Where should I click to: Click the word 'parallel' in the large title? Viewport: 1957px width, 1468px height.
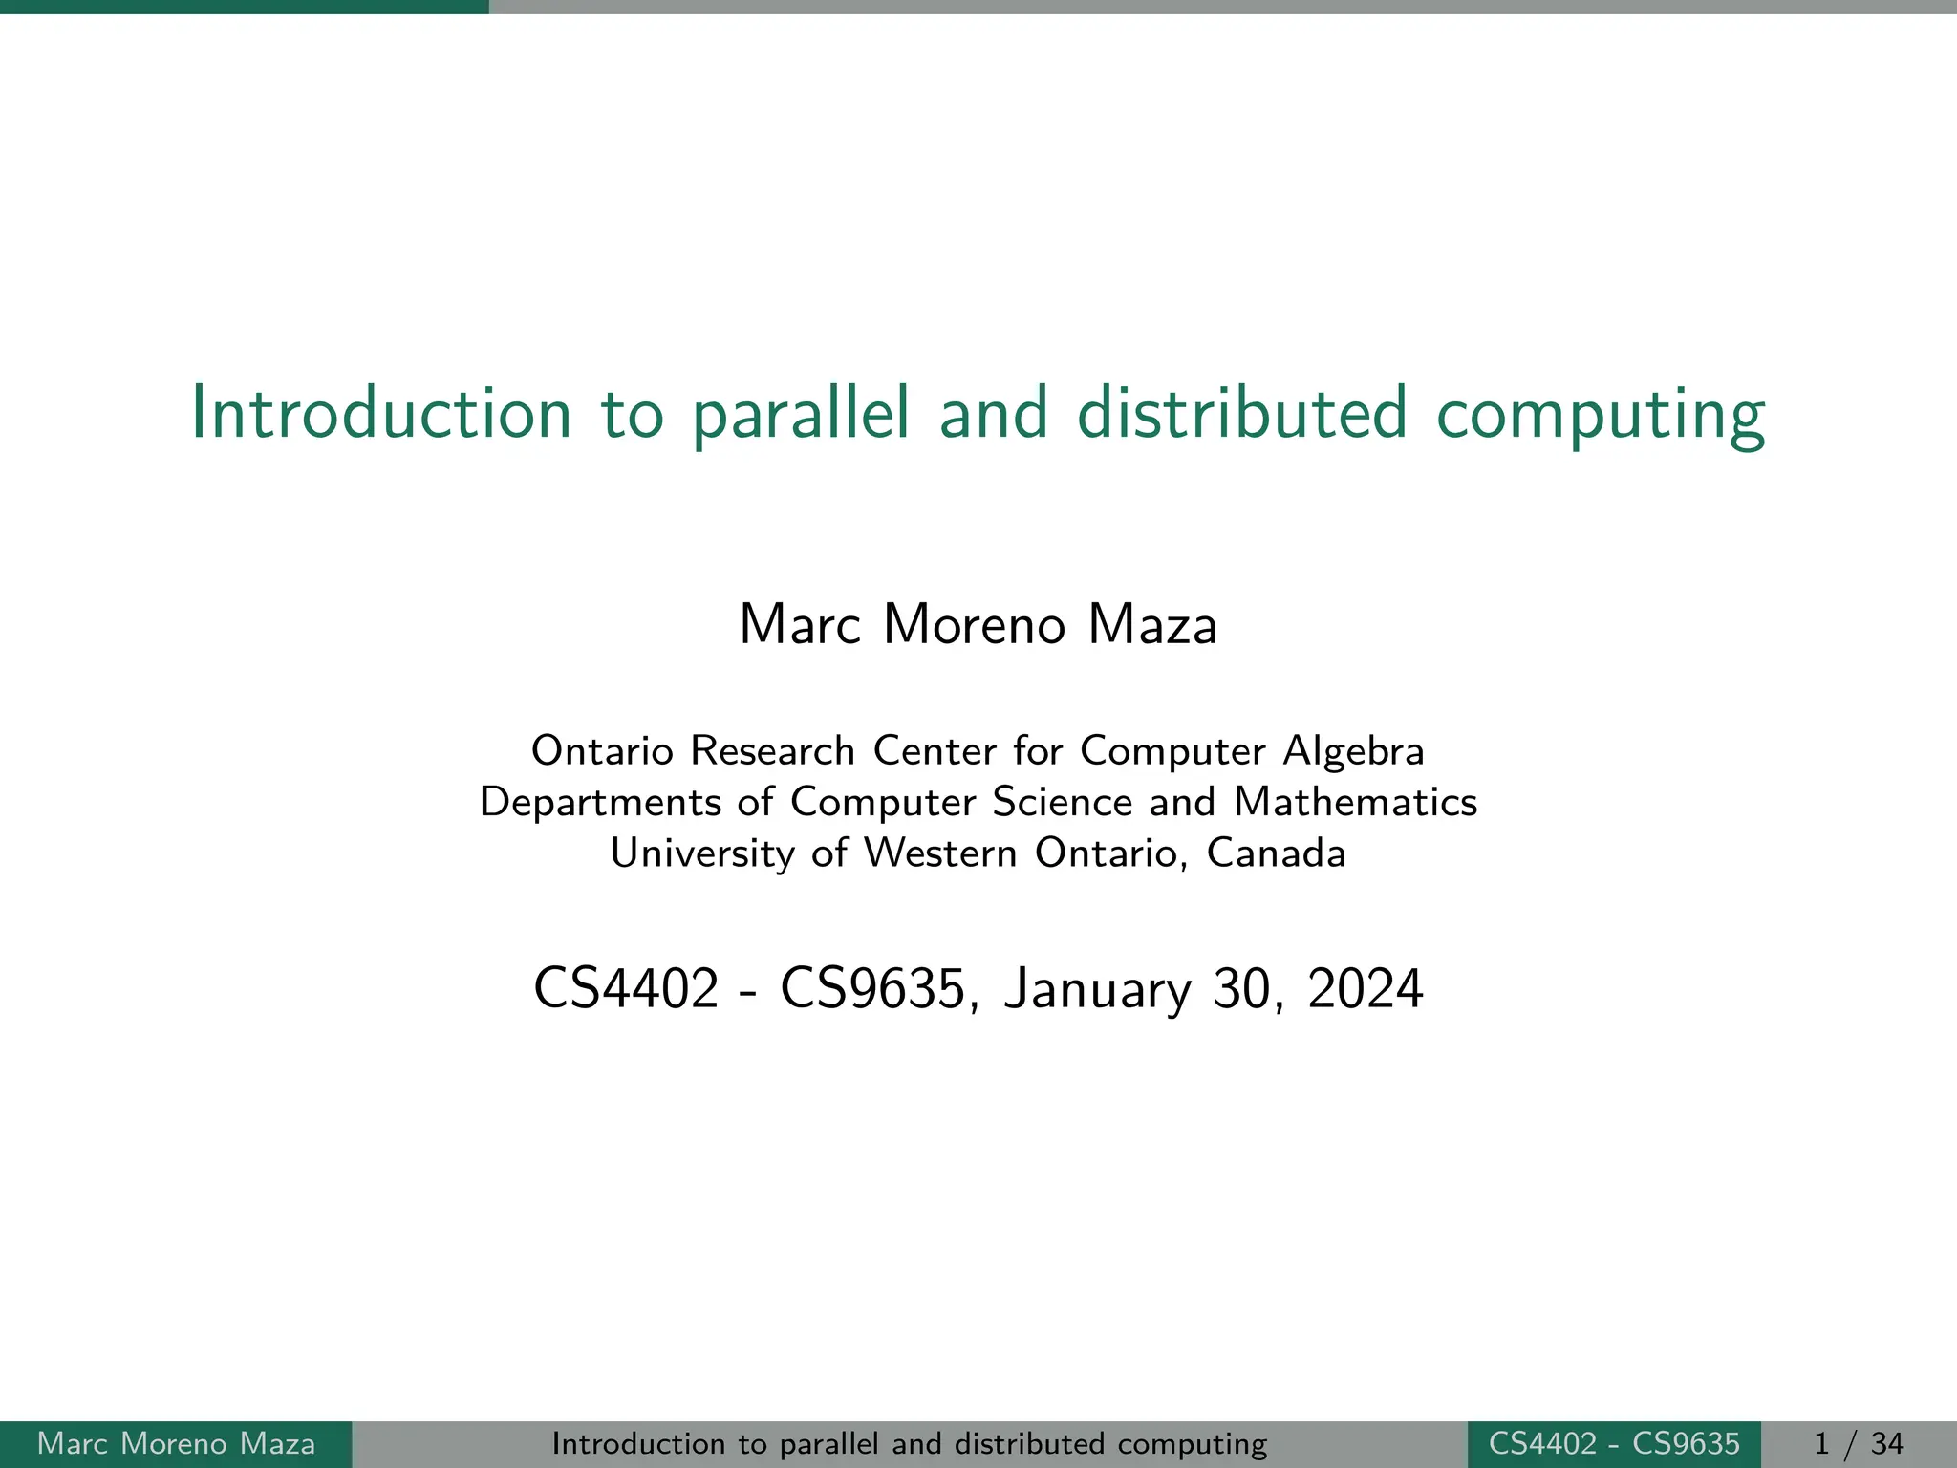(x=801, y=414)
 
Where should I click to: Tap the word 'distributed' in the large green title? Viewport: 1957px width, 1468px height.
(x=1242, y=414)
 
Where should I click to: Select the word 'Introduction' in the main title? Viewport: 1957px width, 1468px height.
(x=381, y=414)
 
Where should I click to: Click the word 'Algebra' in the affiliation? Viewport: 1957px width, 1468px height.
(x=1353, y=751)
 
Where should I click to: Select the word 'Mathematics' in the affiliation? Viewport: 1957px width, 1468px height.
(x=1355, y=802)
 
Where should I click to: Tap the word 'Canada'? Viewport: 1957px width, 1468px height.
(x=1276, y=853)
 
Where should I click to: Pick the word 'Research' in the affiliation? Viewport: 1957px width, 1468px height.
(x=772, y=751)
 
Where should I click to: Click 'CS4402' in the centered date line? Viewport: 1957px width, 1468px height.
(x=626, y=988)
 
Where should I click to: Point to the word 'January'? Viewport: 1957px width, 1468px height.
(x=1097, y=990)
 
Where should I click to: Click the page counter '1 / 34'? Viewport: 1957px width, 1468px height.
(x=1859, y=1443)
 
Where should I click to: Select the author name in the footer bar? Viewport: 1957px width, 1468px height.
(x=176, y=1443)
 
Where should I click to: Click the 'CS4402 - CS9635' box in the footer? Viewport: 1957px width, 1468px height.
(x=1614, y=1443)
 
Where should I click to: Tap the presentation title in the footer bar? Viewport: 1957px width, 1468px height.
(x=910, y=1443)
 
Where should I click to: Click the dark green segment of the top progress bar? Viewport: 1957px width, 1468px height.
(x=244, y=7)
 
